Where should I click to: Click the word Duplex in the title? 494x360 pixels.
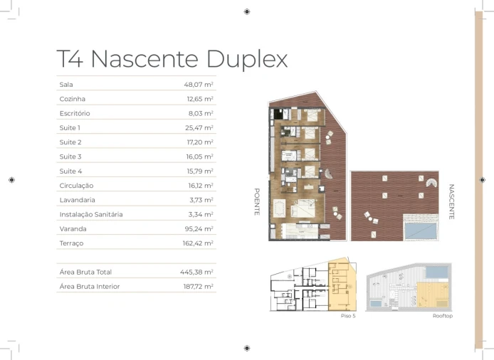pos(247,59)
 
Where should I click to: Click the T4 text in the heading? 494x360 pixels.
pos(70,58)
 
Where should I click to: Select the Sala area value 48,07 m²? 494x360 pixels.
pos(199,85)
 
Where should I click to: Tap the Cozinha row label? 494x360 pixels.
pos(72,99)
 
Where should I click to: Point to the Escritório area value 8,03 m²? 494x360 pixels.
pos(201,113)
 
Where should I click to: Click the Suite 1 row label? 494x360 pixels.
pos(70,128)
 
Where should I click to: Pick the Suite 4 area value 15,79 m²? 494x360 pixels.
pos(200,171)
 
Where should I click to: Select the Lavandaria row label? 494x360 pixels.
pos(77,200)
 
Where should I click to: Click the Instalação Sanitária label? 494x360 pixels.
pos(90,214)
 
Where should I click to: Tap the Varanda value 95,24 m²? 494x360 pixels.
pos(199,229)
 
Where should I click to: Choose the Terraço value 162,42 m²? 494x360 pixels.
pos(198,243)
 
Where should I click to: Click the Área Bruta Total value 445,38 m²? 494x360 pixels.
pos(196,272)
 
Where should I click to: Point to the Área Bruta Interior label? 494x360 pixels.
pos(90,287)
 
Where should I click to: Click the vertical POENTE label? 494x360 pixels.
pos(257,202)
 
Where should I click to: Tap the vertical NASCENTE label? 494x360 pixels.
pos(451,202)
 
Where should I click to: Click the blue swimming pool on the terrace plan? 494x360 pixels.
pos(421,231)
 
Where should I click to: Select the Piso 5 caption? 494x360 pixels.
pos(348,316)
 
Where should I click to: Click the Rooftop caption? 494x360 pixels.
pos(443,316)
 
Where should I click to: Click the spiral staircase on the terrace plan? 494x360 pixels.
pos(432,183)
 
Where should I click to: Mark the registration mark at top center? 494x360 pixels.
pos(247,11)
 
